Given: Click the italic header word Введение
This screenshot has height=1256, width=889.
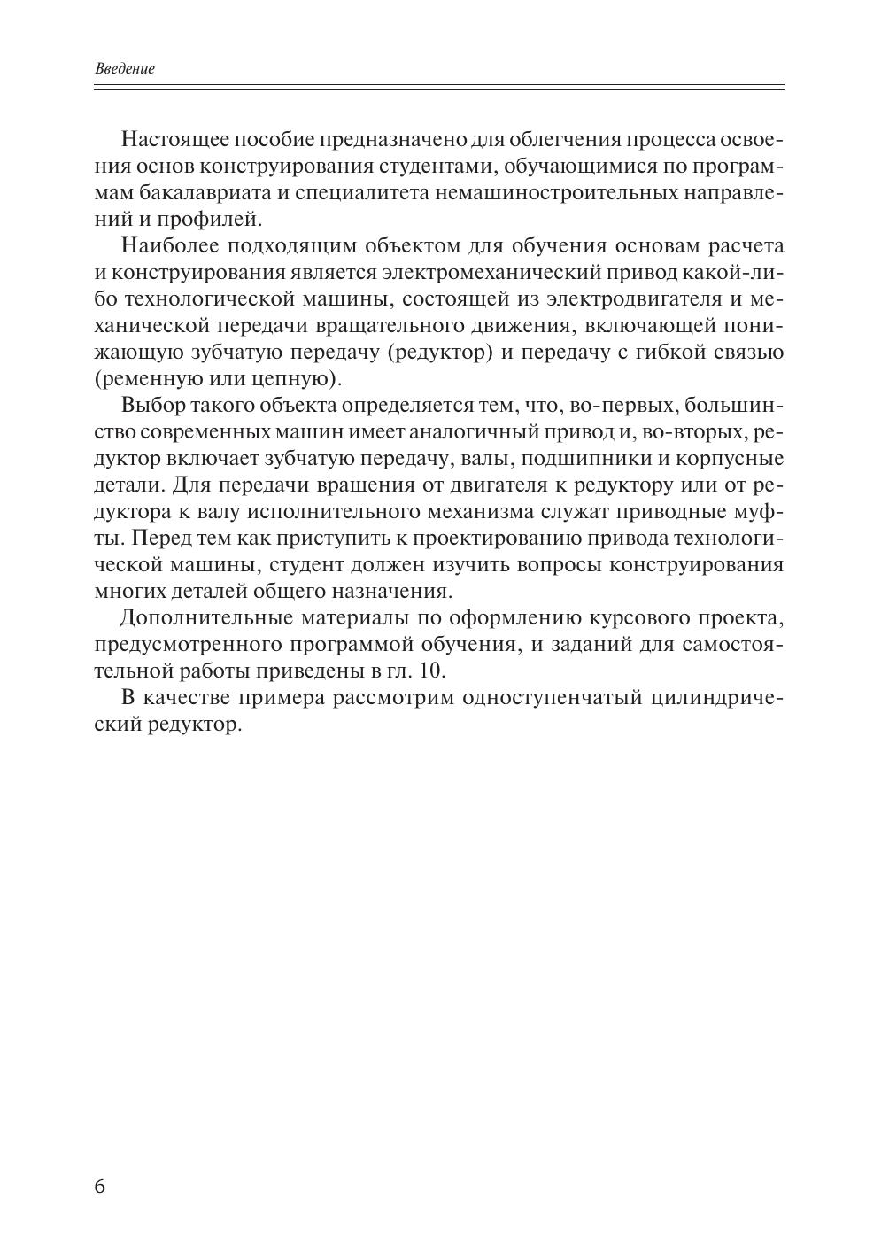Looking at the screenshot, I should [x=124, y=68].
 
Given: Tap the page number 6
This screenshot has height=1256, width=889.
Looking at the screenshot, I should [x=99, y=1186].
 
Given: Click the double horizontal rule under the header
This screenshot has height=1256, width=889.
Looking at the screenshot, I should [x=439, y=87].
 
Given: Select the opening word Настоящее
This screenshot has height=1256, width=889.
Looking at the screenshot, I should [x=173, y=140].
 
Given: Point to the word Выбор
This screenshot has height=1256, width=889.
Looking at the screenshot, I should [x=151, y=406].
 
